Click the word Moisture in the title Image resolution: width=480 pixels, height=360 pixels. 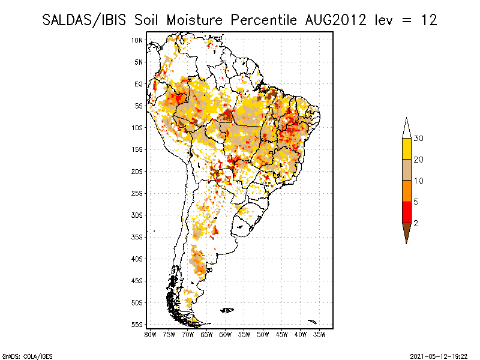click(194, 20)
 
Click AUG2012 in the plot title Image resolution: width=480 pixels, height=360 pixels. click(335, 20)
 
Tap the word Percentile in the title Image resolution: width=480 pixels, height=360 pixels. click(263, 20)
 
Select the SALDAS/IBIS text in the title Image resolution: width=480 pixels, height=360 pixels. click(84, 20)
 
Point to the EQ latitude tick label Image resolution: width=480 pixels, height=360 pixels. click(139, 84)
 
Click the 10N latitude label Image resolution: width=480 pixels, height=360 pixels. click(137, 40)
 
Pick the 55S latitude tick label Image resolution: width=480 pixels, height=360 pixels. click(137, 325)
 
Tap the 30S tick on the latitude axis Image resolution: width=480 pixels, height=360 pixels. click(137, 215)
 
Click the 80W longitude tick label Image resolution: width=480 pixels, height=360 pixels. click(150, 335)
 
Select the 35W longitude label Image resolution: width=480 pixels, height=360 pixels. click(319, 335)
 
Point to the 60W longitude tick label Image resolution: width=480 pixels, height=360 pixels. click(226, 335)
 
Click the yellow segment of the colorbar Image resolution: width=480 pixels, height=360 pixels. click(407, 149)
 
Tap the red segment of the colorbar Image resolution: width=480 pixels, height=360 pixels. click(407, 212)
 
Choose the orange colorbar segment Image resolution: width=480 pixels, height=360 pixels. click(407, 191)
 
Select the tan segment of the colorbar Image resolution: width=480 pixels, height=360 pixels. click(407, 170)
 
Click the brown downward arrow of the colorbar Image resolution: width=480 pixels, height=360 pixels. click(407, 232)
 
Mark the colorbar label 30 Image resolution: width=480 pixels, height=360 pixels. click(418, 139)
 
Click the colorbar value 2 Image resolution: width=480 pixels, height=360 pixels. click(416, 223)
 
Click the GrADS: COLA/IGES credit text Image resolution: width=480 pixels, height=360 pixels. click(27, 356)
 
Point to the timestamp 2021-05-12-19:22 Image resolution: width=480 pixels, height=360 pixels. click(439, 356)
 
